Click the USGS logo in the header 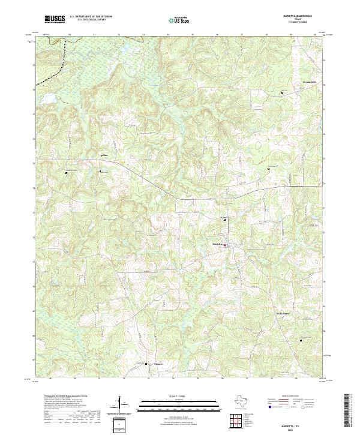coord(55,20)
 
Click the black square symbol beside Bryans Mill coord(282,93)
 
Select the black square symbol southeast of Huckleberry coord(300,341)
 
